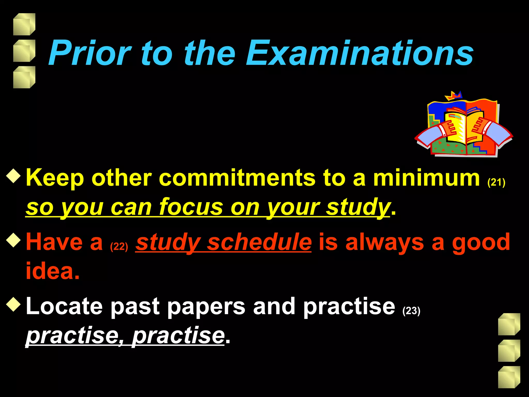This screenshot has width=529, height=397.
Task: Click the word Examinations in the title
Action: click(360, 53)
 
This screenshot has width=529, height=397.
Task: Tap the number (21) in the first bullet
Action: click(496, 182)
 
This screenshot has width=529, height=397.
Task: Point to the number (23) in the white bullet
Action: click(411, 310)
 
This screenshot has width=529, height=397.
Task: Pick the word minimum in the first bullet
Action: click(426, 178)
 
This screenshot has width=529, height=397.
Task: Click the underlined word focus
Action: click(191, 207)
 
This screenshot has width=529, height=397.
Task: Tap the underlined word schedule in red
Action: click(260, 242)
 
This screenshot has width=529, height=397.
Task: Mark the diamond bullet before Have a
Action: click(13, 240)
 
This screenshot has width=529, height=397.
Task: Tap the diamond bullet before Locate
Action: click(13, 304)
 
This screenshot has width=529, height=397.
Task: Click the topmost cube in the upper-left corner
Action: click(24, 24)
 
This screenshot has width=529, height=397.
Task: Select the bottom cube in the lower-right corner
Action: click(509, 377)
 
